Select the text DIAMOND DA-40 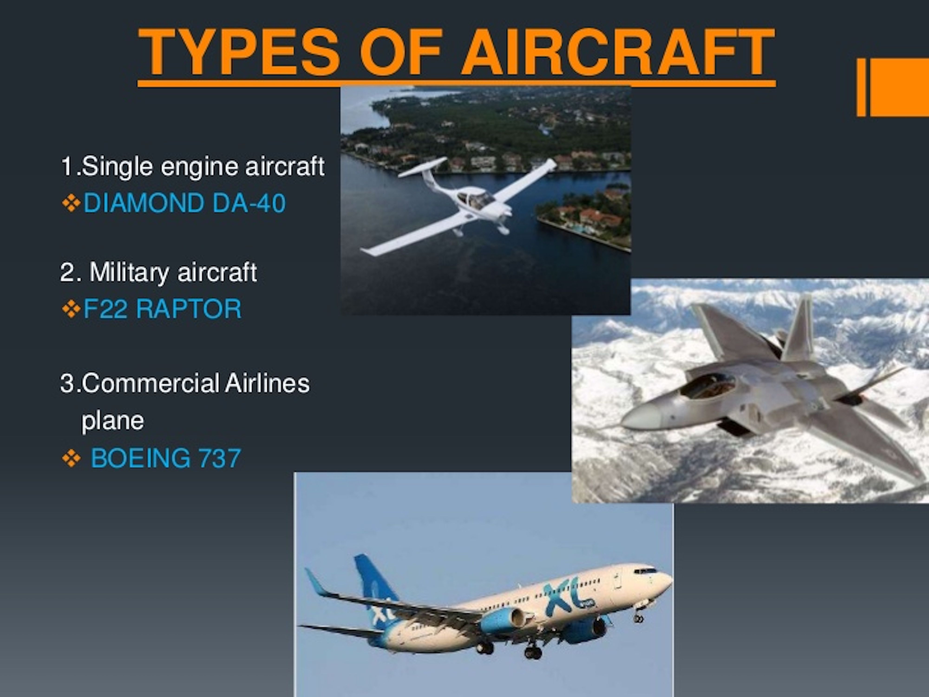pyautogui.click(x=185, y=203)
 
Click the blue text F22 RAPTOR pyautogui.click(x=163, y=309)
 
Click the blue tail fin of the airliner pyautogui.click(x=372, y=584)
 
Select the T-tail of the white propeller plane pyautogui.click(x=422, y=168)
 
